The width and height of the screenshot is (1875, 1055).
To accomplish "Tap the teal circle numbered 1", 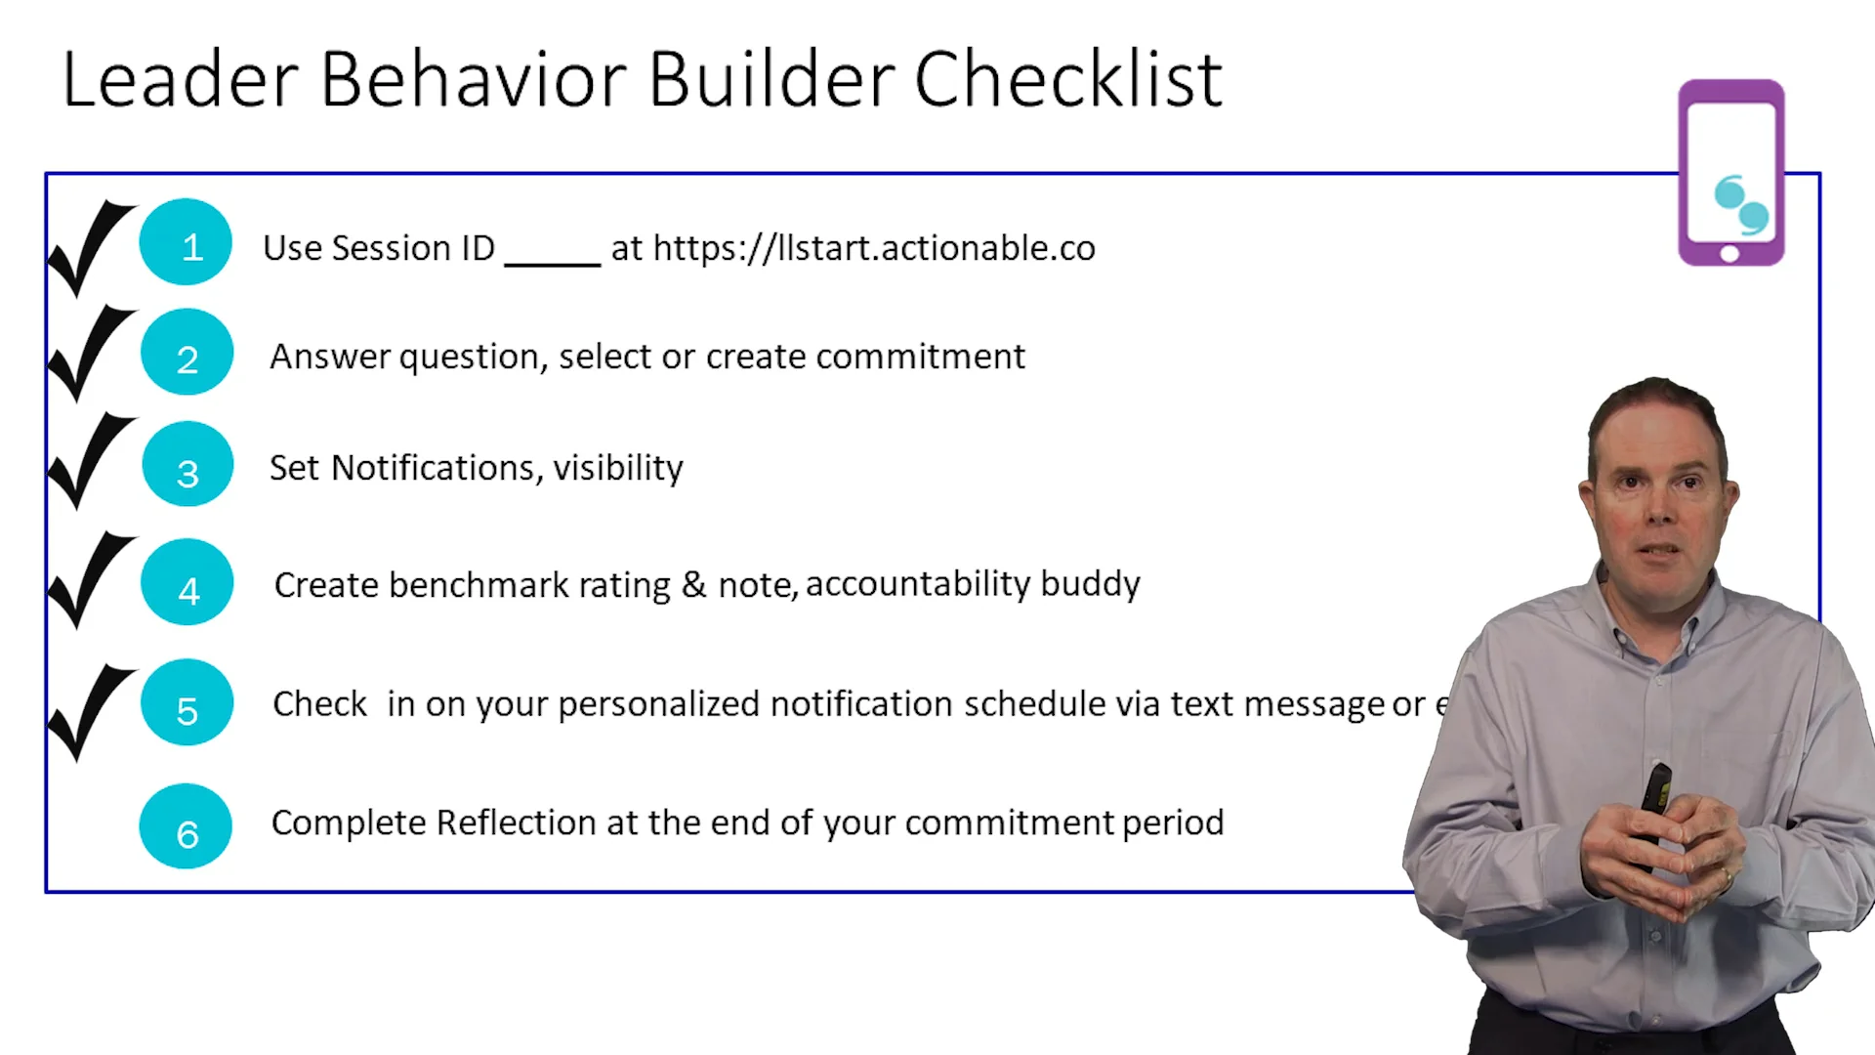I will [186, 242].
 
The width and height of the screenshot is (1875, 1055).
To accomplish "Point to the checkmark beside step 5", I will [90, 710].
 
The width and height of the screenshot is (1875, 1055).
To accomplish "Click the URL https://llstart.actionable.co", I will [873, 248].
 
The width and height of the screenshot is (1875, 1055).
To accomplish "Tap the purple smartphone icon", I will [1730, 173].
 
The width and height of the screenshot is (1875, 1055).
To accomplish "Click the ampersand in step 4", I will [693, 585].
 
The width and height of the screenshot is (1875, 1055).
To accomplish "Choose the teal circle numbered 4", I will [187, 583].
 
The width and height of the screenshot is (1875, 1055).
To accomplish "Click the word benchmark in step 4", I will [479, 585].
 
